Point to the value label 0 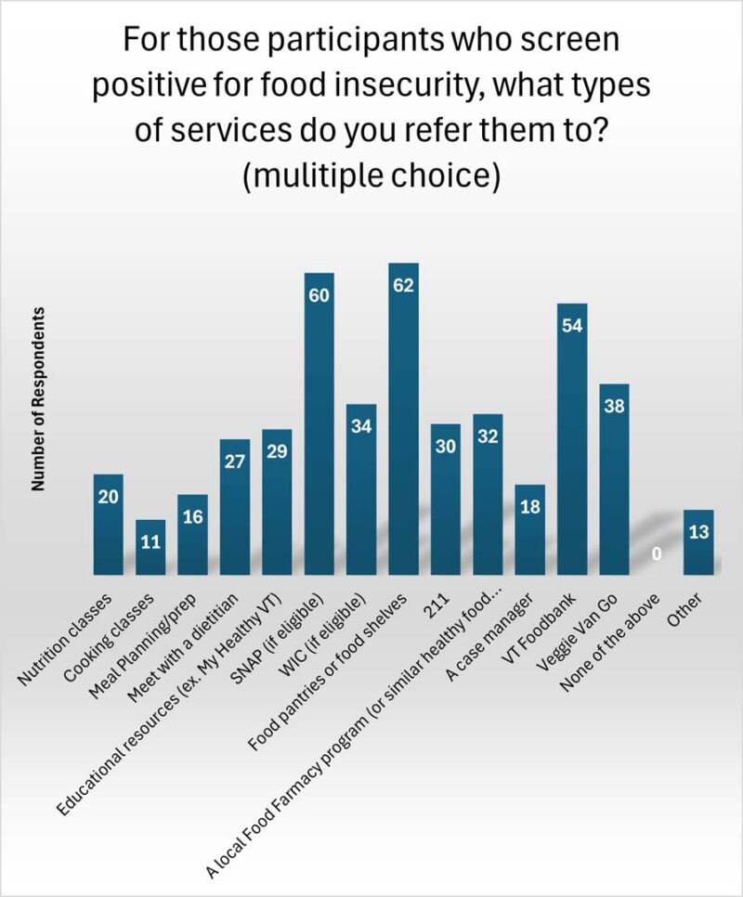656,554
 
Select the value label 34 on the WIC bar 361,426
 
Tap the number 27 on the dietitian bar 235,461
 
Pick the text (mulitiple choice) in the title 371,175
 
